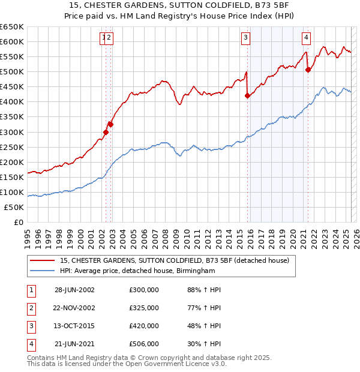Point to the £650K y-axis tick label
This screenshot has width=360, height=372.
(x=12, y=27)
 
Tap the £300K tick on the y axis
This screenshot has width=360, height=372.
(x=12, y=132)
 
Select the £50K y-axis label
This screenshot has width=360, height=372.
(x=14, y=207)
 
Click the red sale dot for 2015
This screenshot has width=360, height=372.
(x=247, y=95)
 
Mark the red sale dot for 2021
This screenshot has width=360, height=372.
(x=308, y=70)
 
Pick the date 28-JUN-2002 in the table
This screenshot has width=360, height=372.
(x=74, y=290)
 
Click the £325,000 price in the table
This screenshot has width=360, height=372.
(x=144, y=308)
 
